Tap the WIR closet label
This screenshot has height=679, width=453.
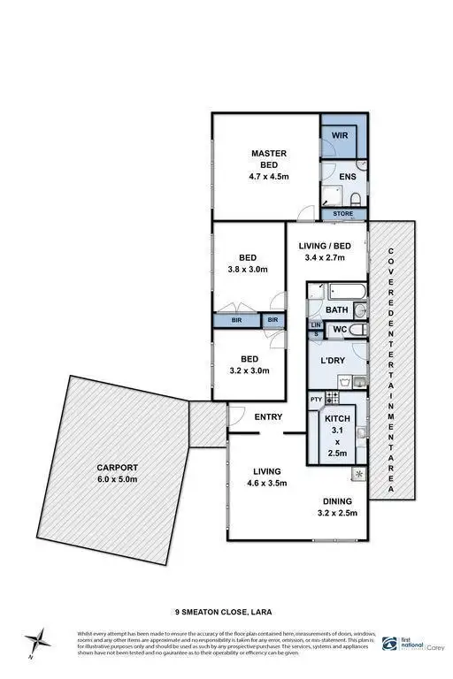tap(341, 136)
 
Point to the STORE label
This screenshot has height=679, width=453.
tap(343, 214)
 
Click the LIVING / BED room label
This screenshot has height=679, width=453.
tap(326, 251)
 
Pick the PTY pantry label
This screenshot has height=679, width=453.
tap(317, 400)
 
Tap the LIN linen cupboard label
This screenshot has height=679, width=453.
tap(315, 325)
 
